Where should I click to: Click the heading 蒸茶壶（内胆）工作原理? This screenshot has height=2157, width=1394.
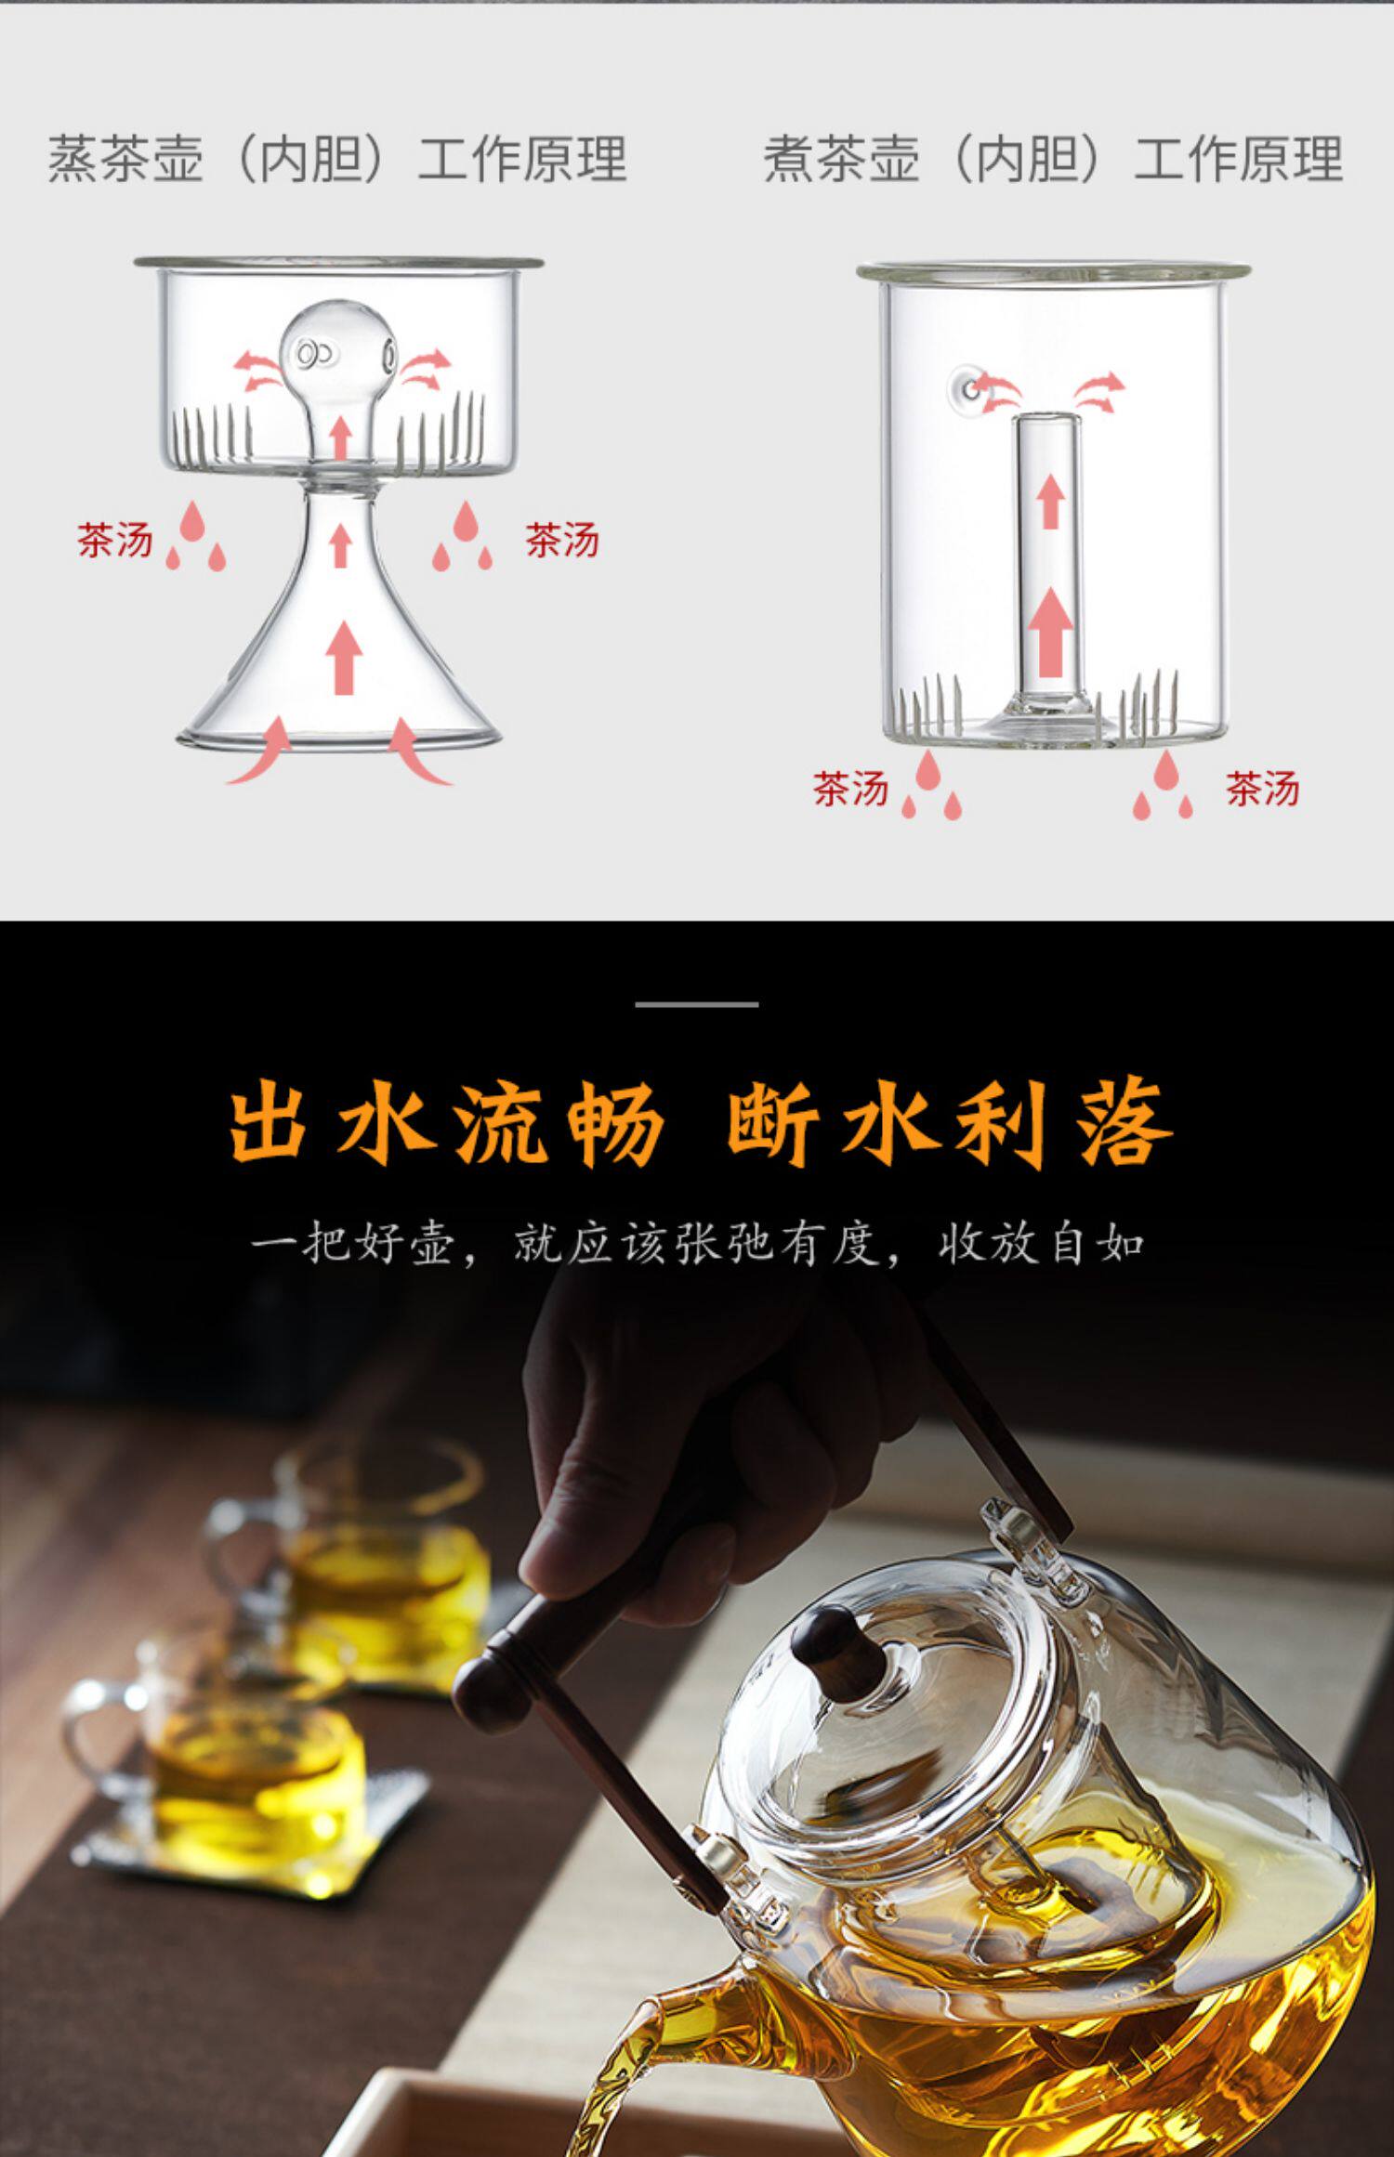[337, 158]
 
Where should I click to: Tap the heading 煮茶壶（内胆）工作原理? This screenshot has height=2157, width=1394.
[1053, 158]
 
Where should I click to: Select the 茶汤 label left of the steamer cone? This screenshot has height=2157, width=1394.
[114, 540]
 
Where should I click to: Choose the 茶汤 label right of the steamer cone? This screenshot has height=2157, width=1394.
[562, 540]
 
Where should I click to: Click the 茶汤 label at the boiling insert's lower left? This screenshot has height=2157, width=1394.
[850, 789]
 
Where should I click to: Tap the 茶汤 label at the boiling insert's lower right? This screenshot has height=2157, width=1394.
[1262, 789]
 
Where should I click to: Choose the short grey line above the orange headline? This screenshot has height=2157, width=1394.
[697, 1004]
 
